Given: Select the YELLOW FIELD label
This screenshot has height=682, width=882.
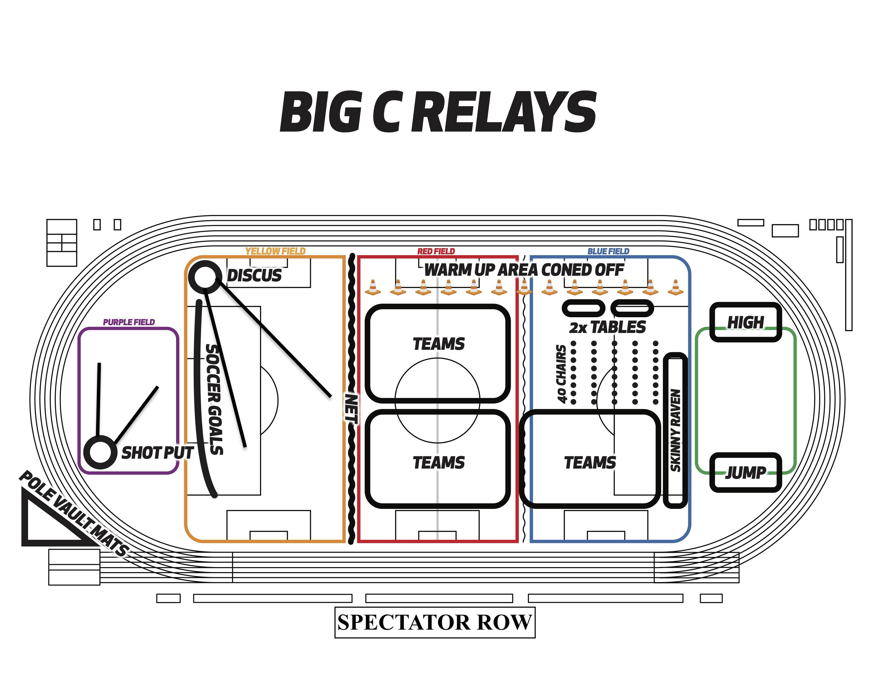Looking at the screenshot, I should (275, 251).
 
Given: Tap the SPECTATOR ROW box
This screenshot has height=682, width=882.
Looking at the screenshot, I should (435, 622).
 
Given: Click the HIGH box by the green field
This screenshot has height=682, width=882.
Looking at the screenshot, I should (745, 322).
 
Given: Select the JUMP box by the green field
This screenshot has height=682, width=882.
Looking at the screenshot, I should (745, 472).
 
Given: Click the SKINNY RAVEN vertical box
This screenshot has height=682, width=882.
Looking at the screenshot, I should (675, 430).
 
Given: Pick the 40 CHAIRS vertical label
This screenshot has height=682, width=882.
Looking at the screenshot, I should (561, 374).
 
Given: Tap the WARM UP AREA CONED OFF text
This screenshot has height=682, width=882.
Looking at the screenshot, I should (524, 270).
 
